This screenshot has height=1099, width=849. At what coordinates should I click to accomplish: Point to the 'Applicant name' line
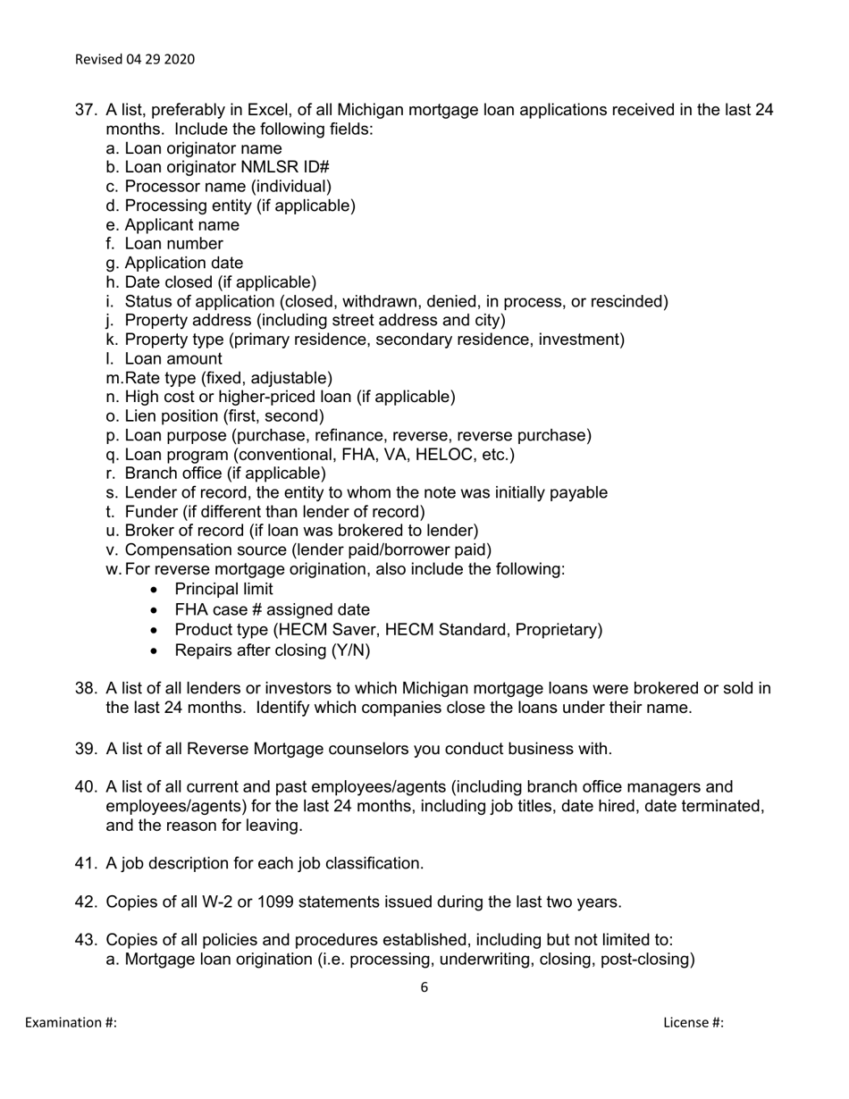click(x=181, y=224)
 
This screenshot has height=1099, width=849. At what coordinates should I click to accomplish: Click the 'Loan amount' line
click(x=173, y=359)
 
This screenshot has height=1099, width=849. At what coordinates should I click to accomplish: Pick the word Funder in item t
click(x=149, y=512)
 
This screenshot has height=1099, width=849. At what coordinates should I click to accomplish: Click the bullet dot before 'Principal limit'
click(x=156, y=590)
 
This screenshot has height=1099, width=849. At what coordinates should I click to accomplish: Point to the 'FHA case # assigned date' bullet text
click(x=272, y=609)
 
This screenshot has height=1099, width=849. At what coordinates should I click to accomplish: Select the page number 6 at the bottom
click(x=424, y=987)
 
